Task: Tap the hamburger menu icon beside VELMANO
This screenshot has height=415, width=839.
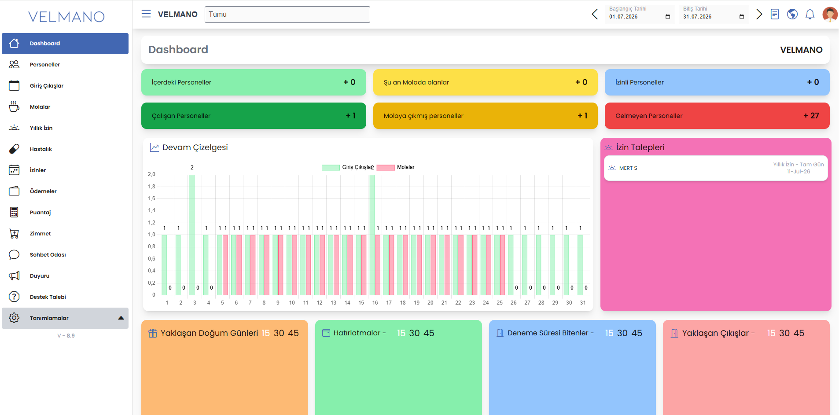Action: (146, 14)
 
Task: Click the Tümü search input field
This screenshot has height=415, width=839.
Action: (287, 15)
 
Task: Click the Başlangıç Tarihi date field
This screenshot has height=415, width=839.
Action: (640, 15)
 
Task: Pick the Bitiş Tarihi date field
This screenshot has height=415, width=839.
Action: (714, 15)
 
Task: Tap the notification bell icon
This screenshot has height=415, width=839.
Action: (810, 15)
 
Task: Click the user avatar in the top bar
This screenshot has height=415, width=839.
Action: (830, 15)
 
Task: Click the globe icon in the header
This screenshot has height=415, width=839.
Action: (792, 15)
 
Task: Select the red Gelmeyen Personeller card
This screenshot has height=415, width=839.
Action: (717, 116)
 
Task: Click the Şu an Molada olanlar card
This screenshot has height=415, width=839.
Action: (485, 82)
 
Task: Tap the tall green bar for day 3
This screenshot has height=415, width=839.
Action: (192, 235)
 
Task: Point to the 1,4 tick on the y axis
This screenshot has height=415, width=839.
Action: (151, 211)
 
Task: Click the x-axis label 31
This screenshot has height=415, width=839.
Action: (583, 303)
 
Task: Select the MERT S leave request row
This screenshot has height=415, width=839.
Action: (716, 168)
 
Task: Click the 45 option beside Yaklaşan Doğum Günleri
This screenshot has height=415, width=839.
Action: (293, 333)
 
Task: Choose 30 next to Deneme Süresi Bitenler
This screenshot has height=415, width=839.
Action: (622, 333)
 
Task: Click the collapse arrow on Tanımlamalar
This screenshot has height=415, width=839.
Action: (121, 318)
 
